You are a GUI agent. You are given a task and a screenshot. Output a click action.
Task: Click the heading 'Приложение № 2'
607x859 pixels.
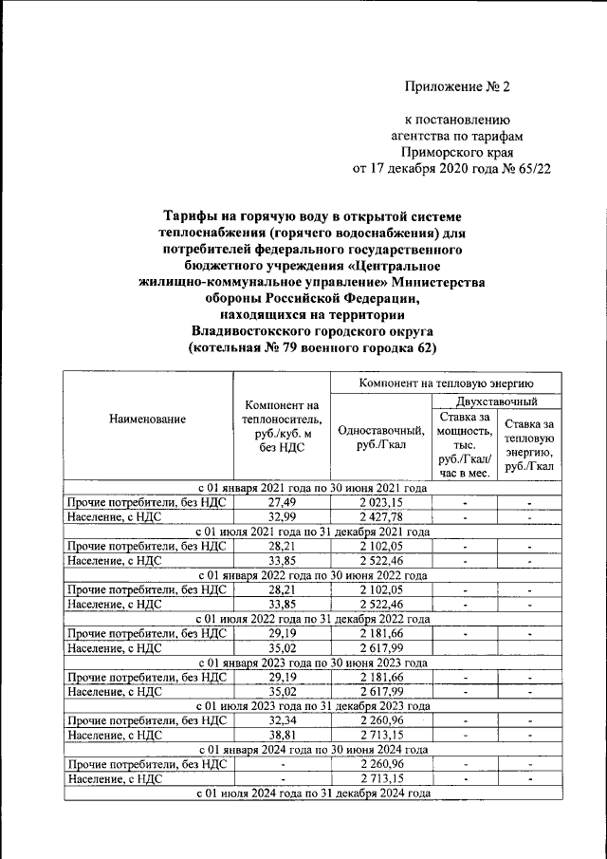point(457,86)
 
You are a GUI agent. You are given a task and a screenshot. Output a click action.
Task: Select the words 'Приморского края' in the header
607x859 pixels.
point(457,152)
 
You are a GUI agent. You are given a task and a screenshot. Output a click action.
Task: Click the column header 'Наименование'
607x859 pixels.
point(147,419)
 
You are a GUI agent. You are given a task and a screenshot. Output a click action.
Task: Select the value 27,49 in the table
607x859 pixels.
point(282,502)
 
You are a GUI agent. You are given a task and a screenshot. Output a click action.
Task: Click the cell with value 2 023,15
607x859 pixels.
point(380,502)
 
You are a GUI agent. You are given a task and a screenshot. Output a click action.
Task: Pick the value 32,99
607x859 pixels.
point(282,516)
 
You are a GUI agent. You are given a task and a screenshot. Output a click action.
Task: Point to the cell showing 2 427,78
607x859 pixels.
point(380,516)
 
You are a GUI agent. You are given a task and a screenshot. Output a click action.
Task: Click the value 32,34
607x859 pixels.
point(282,720)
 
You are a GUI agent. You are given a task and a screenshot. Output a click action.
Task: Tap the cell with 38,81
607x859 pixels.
point(282,735)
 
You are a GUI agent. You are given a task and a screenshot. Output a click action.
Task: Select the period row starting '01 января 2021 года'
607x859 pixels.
point(312,488)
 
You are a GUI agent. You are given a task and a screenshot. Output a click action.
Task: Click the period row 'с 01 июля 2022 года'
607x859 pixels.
point(312,619)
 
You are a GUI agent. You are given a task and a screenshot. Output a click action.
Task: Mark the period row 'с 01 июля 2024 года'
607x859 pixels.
point(312,793)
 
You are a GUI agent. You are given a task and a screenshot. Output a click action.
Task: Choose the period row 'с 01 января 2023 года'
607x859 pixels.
point(312,663)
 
